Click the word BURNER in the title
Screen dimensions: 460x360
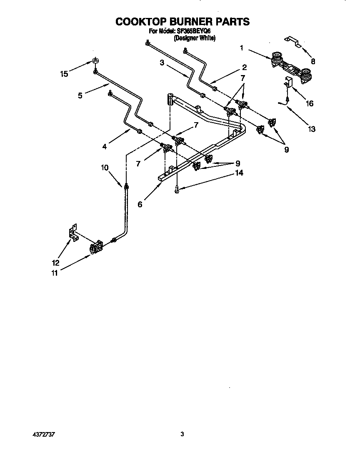[x=182, y=22]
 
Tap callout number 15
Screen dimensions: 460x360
[x=64, y=74]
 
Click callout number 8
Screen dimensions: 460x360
[x=313, y=61]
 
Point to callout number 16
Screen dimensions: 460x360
[x=310, y=103]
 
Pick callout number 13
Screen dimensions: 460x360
[x=311, y=129]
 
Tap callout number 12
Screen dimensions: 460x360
[x=55, y=263]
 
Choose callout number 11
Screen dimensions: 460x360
[x=54, y=274]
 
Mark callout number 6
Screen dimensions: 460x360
[x=140, y=204]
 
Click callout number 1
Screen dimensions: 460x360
[x=241, y=48]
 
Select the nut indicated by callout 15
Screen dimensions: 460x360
[x=95, y=61]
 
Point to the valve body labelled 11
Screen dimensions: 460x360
[x=97, y=247]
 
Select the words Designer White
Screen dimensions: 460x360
[x=195, y=38]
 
